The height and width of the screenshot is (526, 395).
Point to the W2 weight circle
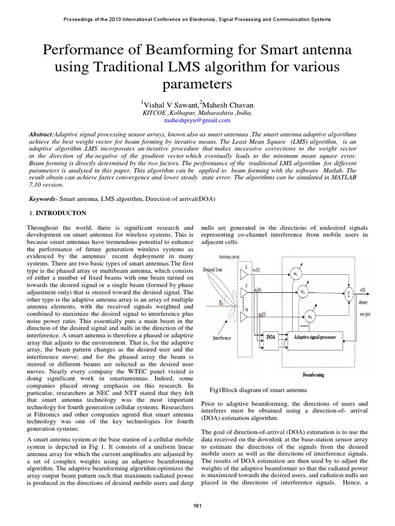(303, 293)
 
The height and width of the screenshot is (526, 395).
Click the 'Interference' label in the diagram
(214, 339)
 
